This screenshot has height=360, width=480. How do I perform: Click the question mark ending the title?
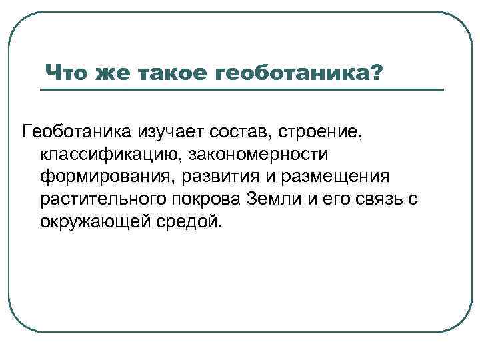pos(377,71)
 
